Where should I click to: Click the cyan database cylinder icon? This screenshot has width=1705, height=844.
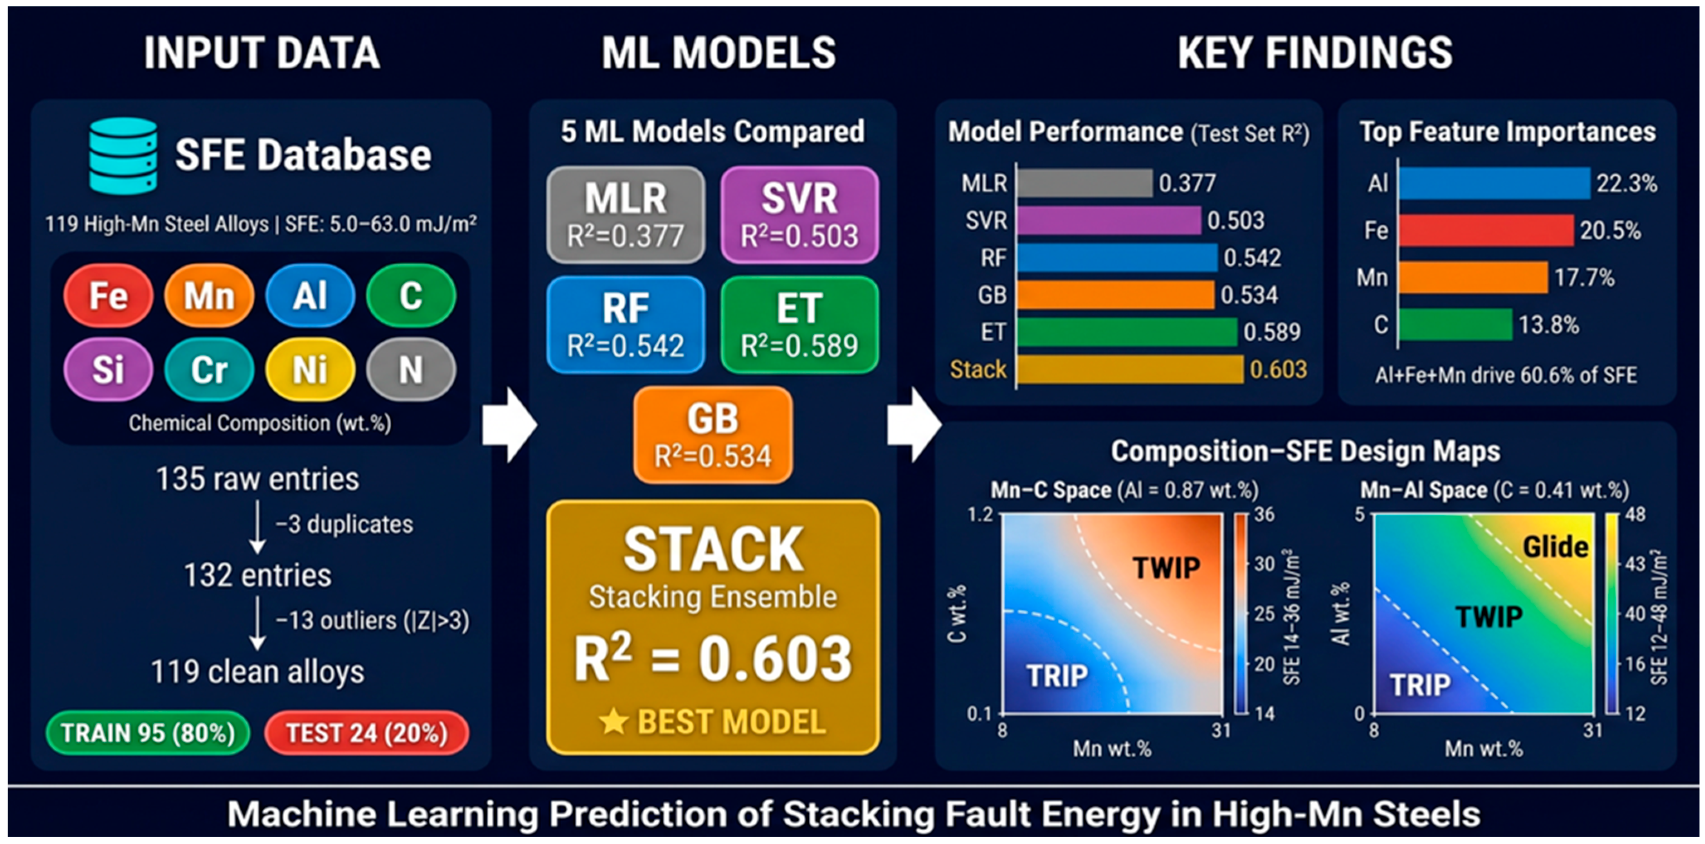(124, 156)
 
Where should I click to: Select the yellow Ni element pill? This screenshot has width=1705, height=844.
(310, 369)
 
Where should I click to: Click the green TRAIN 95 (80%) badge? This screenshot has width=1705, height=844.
(148, 733)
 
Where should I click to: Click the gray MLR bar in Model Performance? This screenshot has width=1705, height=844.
(1085, 183)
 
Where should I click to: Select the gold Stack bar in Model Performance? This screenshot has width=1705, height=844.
(1130, 369)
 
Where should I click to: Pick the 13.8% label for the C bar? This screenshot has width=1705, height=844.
(1549, 325)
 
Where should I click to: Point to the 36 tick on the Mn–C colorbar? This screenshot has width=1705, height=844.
(1264, 514)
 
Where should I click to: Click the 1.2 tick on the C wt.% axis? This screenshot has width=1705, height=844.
(980, 514)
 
